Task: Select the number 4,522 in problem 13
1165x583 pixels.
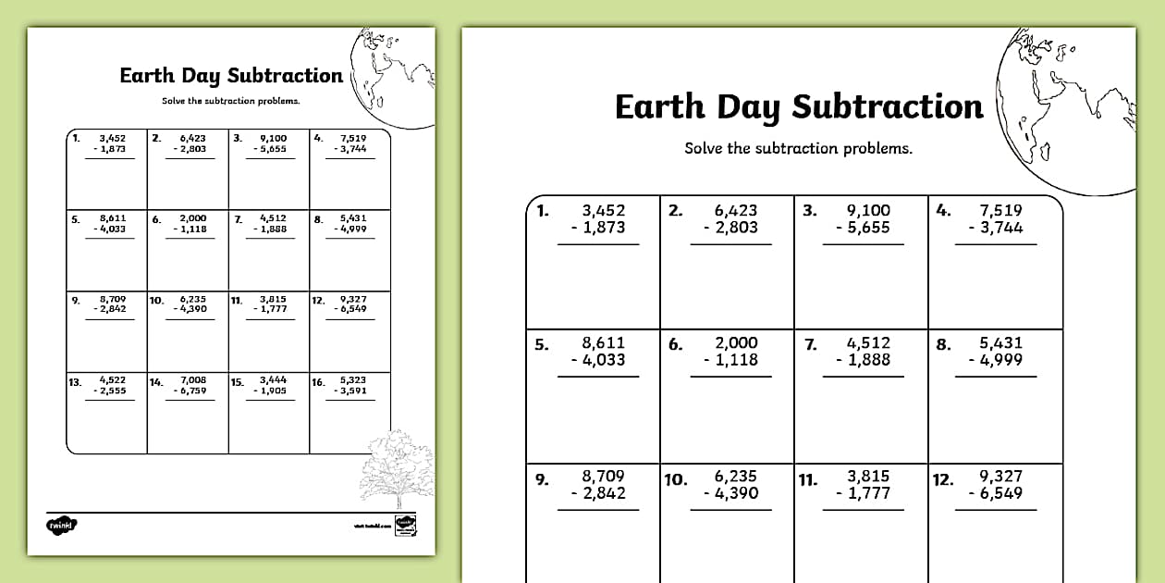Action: (x=112, y=379)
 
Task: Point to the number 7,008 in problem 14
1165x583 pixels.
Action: (x=193, y=379)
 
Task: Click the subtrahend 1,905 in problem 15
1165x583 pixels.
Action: (x=272, y=391)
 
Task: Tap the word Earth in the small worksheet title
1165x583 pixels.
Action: (x=145, y=76)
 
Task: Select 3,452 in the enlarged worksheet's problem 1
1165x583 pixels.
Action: (x=603, y=211)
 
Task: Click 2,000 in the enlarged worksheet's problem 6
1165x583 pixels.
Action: (x=736, y=343)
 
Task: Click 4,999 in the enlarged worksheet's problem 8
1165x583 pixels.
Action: (x=1001, y=361)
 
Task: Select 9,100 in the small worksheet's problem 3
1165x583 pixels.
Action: (x=274, y=138)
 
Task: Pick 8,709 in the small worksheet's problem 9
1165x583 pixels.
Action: (x=112, y=299)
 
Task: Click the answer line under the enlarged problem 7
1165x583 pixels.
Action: (x=861, y=377)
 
